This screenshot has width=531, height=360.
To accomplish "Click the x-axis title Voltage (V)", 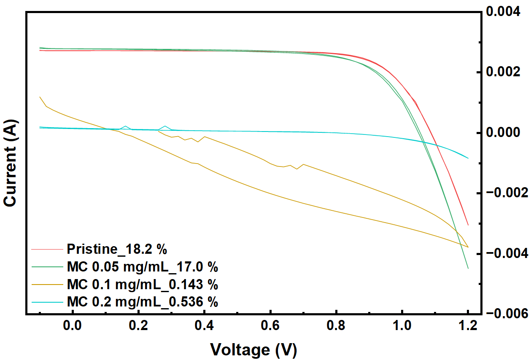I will coord(253,349).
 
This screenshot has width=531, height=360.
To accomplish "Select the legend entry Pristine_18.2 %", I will coord(117,249).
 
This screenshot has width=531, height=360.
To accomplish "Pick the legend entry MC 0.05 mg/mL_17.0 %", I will coord(142,267).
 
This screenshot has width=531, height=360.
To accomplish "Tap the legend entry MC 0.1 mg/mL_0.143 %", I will coord(142,285).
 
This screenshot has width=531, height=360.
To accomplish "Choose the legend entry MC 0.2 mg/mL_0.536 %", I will coord(142,302).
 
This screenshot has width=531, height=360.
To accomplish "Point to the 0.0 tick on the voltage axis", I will coord(73,326).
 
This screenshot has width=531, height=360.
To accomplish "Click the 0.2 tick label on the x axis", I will coord(138,326).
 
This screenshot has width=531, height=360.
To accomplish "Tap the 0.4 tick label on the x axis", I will coord(205,326).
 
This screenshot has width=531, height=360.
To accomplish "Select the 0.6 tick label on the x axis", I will coord(270,326).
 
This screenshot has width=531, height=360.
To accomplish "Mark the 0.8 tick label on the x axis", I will coord(336,326).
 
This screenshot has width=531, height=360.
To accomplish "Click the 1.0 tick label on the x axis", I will coord(402,326).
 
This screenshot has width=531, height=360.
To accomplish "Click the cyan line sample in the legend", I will coord(47,302).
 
